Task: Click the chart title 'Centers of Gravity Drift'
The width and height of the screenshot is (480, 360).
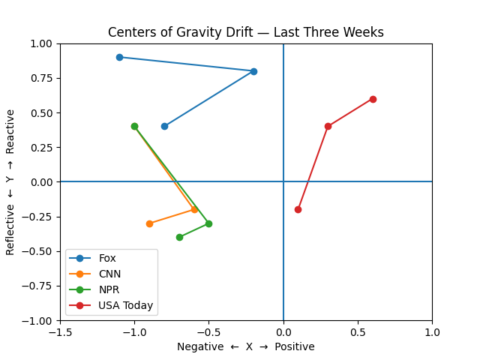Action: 245,32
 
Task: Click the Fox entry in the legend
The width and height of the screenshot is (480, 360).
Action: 108,258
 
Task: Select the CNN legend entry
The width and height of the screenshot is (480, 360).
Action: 109,274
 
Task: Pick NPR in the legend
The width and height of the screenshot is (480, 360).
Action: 109,289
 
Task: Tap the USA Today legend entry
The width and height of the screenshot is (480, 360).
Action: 125,305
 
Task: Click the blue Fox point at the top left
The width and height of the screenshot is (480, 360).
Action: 119,57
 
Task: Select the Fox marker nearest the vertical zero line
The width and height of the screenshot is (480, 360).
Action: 253,71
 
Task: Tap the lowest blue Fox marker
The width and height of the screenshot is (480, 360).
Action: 164,126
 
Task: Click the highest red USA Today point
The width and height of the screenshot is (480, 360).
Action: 373,99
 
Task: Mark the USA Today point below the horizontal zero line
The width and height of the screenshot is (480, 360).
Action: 298,209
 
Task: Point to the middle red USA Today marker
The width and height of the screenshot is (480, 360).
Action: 328,126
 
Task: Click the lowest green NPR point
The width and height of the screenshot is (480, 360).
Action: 179,237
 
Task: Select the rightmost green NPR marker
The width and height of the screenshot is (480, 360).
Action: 208,223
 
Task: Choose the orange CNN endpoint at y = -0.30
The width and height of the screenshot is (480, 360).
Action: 149,223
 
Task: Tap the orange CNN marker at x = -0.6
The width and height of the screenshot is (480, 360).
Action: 194,209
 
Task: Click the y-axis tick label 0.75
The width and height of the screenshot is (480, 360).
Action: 42,71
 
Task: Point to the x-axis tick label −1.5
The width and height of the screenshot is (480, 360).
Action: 60,332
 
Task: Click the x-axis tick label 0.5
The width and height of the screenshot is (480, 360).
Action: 358,332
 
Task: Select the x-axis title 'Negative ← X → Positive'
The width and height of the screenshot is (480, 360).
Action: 245,346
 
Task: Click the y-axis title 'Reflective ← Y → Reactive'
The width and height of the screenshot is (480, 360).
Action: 10,181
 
